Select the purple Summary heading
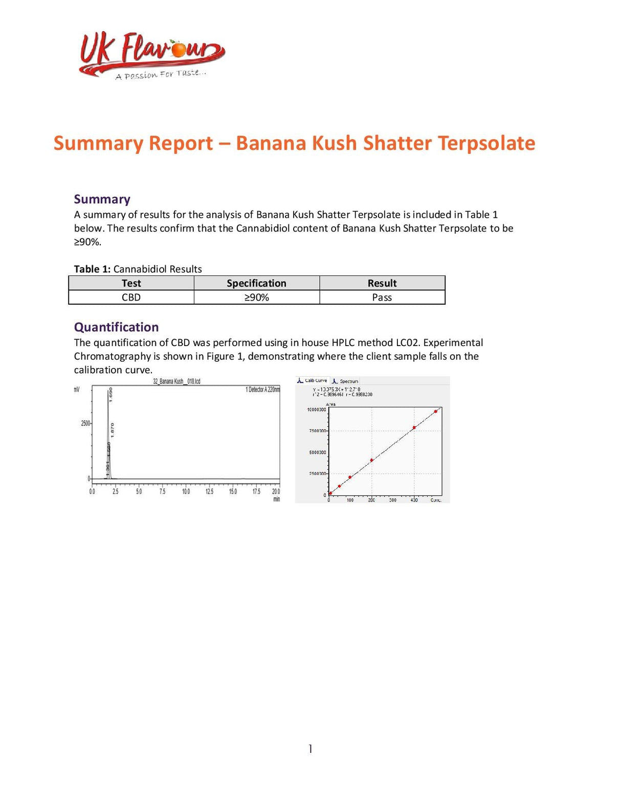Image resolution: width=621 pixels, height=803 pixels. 102,199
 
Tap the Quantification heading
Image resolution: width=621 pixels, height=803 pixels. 116,327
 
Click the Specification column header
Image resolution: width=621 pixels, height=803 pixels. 256,283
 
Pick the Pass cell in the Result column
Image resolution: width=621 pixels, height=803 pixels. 382,297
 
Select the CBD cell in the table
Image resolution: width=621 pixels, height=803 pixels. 131,297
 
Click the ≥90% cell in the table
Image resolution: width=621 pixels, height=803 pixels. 256,297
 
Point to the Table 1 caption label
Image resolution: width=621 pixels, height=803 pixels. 92,269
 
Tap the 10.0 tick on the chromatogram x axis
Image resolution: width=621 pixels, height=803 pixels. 186,491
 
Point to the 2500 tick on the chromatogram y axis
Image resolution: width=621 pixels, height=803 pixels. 85,423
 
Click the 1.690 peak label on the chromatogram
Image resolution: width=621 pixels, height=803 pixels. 111,394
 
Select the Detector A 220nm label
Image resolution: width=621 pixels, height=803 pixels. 262,389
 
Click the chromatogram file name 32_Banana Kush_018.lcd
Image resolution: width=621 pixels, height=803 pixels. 176,381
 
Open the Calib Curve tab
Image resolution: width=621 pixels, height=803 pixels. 313,381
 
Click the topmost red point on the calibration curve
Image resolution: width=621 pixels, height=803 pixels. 435,411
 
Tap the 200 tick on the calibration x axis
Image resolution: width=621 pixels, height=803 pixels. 371,500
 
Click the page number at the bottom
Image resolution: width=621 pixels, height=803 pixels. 310,749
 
